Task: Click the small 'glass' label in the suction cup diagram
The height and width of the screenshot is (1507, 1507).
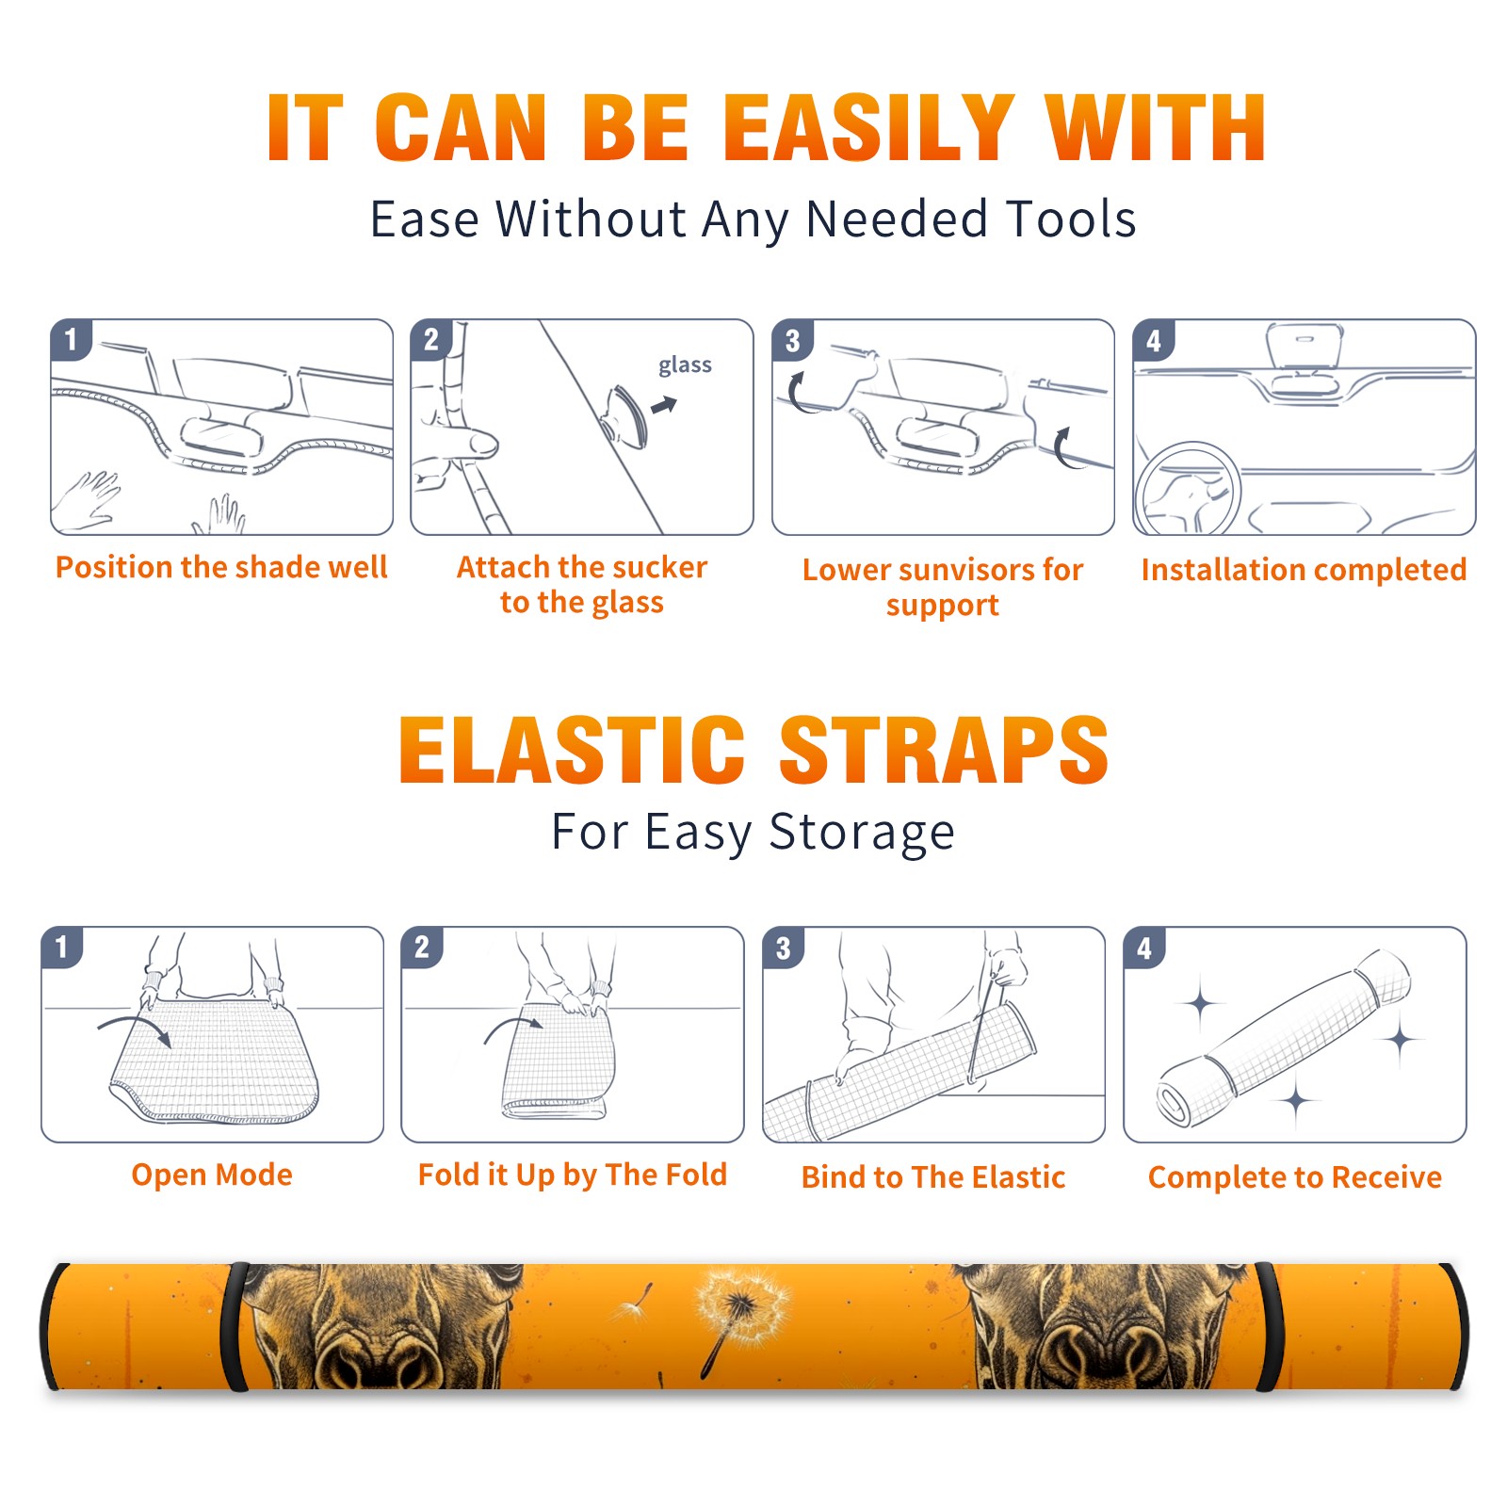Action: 685,365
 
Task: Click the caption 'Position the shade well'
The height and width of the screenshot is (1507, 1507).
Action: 221,567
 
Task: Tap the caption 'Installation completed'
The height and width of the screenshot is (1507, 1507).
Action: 1304,570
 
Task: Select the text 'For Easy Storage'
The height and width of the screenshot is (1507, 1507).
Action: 753,833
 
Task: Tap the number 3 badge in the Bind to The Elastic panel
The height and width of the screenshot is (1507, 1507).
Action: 783,948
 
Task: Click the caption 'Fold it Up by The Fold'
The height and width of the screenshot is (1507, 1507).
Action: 572,1175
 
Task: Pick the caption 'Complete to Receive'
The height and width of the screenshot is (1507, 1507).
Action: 1295,1177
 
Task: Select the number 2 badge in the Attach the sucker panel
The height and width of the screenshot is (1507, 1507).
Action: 430,339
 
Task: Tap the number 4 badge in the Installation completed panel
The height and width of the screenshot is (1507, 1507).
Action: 1154,340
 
